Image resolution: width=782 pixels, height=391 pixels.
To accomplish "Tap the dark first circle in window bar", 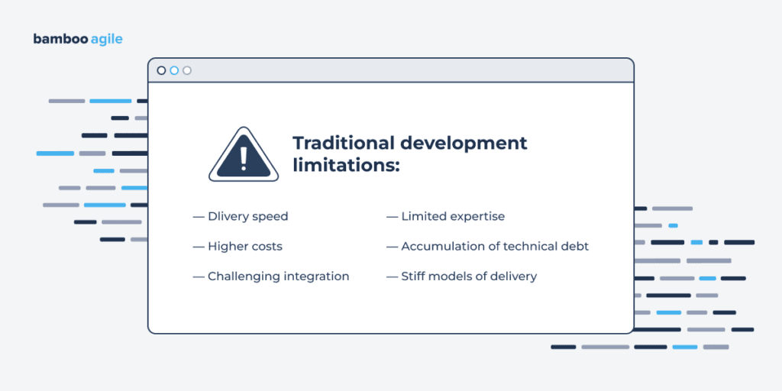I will pyautogui.click(x=161, y=70).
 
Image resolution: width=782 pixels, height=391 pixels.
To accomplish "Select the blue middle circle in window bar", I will pyautogui.click(x=174, y=70).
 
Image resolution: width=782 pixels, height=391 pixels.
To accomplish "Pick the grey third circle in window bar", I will pyautogui.click(x=187, y=70).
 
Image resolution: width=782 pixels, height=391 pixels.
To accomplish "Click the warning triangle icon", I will pyautogui.click(x=243, y=156).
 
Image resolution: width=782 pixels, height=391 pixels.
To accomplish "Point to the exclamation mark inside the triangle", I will pyautogui.click(x=243, y=158).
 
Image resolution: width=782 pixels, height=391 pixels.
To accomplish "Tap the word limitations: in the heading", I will pyautogui.click(x=346, y=165).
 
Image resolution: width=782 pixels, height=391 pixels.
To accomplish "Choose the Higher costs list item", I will pyautogui.click(x=244, y=246).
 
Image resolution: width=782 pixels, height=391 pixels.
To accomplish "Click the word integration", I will pyautogui.click(x=315, y=276).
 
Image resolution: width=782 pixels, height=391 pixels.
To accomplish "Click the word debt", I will pyautogui.click(x=574, y=246).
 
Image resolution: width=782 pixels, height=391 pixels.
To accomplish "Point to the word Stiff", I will pyautogui.click(x=414, y=276).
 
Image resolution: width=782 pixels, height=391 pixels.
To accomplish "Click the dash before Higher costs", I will pyautogui.click(x=198, y=246).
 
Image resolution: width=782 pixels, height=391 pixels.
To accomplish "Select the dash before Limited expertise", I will pyautogui.click(x=392, y=216).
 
